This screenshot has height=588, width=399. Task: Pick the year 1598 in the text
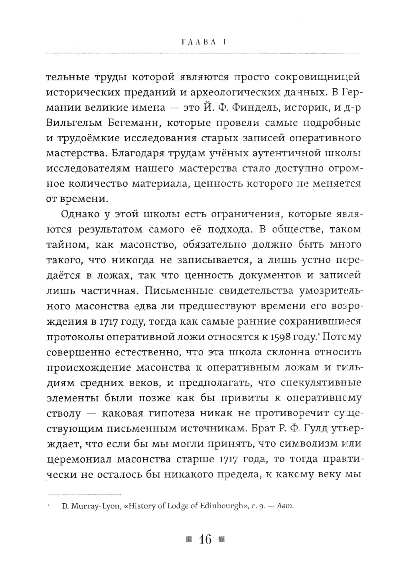coord(273,337)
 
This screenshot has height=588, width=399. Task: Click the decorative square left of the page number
coord(189,540)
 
